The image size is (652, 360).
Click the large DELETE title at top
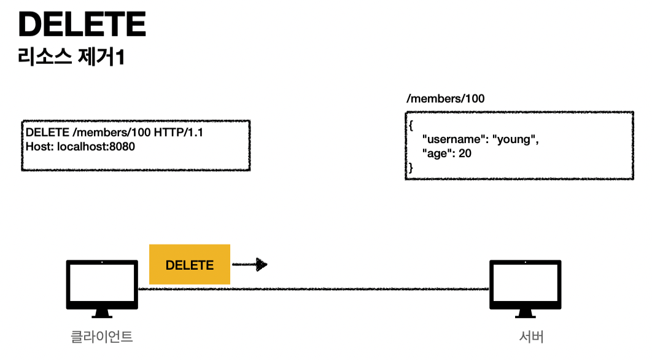82,25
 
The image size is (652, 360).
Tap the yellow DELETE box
190,265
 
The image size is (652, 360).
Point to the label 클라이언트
101,337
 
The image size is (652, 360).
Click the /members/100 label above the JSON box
441,99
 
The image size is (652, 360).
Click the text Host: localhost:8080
80,147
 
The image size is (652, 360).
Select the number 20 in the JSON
465,154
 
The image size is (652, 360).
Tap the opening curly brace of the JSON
411,126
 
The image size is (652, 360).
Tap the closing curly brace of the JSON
411,167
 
